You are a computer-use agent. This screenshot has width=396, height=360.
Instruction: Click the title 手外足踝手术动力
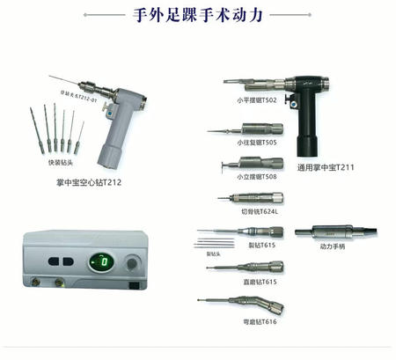197,15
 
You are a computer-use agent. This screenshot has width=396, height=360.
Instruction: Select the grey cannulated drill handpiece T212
114,123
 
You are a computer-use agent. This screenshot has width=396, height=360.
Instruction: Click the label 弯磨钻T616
259,321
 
